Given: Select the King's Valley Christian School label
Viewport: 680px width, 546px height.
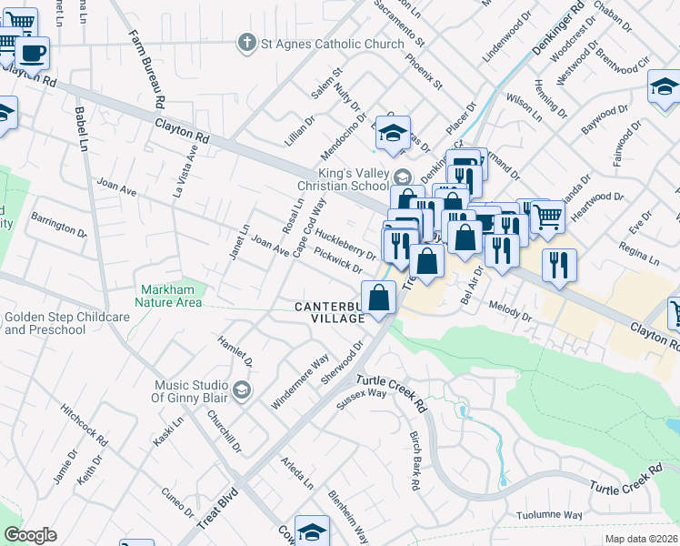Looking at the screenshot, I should (x=353, y=179).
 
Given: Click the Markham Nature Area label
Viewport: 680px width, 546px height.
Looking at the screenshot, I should (x=170, y=296).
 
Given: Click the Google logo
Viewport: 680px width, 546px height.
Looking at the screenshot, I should (x=30, y=535).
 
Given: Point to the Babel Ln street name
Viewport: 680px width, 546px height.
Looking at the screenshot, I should (x=81, y=127).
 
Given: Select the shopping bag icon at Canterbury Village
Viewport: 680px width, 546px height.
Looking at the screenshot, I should (x=380, y=298).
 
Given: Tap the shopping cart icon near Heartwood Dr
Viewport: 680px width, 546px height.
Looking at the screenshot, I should (x=547, y=216).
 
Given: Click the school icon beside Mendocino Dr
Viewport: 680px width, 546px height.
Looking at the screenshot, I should (x=393, y=133).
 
